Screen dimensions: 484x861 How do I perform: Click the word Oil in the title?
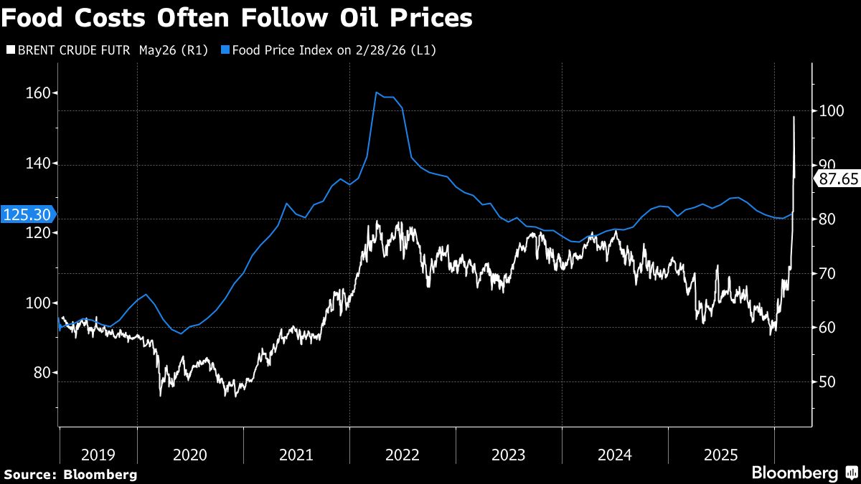(322, 18)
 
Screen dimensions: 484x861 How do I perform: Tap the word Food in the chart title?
(32, 18)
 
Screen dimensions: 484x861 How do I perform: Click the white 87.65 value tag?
(838, 179)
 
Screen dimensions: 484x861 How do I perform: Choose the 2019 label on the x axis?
(98, 454)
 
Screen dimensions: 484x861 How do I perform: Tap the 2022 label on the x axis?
(402, 454)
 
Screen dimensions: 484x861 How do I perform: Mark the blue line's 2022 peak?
(376, 92)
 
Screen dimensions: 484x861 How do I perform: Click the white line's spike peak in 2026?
(794, 116)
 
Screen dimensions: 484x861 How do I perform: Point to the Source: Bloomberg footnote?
(70, 474)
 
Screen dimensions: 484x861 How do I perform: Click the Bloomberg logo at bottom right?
(804, 473)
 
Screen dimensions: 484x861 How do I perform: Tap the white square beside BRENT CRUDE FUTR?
(10, 50)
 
